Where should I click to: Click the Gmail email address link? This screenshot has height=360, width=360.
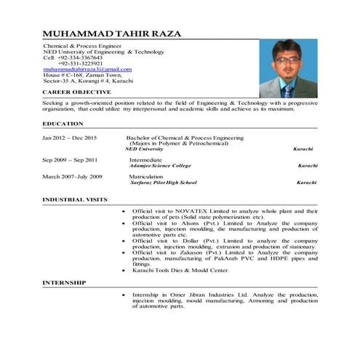[87, 69]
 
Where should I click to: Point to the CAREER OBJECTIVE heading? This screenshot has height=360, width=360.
[76, 92]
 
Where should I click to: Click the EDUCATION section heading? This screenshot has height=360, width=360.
[63, 124]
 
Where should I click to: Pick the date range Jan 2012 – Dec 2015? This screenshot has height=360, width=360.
[70, 137]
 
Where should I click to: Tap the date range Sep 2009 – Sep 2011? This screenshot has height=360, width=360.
[70, 159]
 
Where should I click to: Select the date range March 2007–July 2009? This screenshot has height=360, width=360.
[72, 177]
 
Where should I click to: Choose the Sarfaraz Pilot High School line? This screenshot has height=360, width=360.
[163, 183]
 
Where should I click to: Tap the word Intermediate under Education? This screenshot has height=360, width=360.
[147, 159]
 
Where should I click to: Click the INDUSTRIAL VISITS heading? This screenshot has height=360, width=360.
[74, 199]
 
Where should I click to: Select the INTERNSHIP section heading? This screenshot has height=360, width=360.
[64, 282]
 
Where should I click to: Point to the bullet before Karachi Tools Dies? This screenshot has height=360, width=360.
[124, 270]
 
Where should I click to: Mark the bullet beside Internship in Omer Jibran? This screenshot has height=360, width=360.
[124, 295]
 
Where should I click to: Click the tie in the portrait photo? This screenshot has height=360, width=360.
[288, 91]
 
